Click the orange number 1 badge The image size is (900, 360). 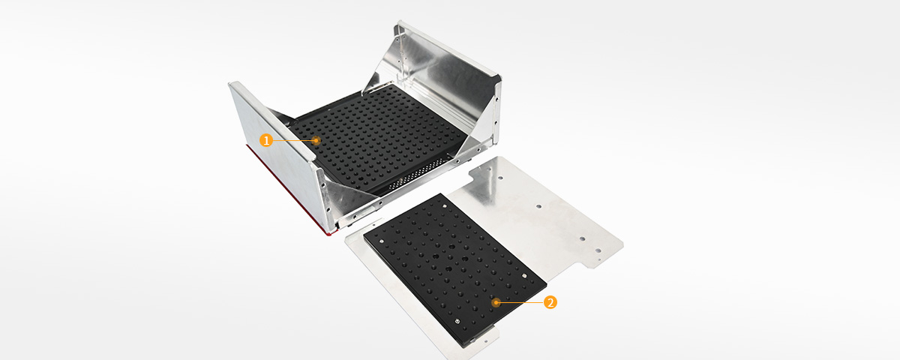pyautogui.click(x=265, y=139)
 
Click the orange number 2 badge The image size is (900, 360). pyautogui.click(x=550, y=302)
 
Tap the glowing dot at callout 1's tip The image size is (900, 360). pyautogui.click(x=316, y=140)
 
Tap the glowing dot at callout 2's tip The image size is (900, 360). pyautogui.click(x=496, y=302)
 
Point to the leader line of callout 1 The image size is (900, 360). pyautogui.click(x=292, y=140)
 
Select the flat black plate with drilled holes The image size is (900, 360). pyautogui.click(x=450, y=262)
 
